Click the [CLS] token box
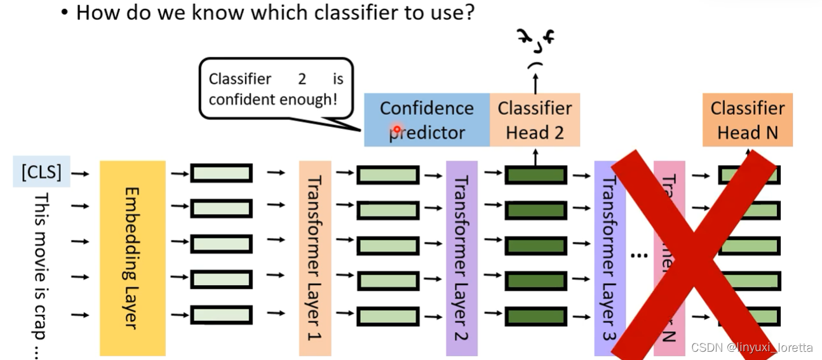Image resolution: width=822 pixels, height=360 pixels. [x=41, y=172]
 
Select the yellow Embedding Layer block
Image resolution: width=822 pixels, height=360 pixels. [x=132, y=258]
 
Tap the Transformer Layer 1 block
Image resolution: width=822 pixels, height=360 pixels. [x=315, y=258]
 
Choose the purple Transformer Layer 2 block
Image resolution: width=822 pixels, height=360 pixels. [x=462, y=258]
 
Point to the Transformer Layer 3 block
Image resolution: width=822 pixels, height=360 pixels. [x=609, y=258]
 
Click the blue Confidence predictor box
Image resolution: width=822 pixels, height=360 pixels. [x=426, y=120]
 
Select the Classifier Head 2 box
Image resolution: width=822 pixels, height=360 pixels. [x=535, y=120]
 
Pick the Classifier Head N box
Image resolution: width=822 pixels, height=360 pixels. [x=747, y=120]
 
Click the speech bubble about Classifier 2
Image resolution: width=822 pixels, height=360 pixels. [x=276, y=90]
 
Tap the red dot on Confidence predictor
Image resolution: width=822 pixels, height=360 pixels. [x=397, y=130]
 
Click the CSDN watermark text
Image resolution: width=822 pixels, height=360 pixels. [x=751, y=347]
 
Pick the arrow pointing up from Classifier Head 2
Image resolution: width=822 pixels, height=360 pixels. [x=535, y=83]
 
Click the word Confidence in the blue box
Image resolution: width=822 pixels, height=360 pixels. [x=426, y=108]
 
